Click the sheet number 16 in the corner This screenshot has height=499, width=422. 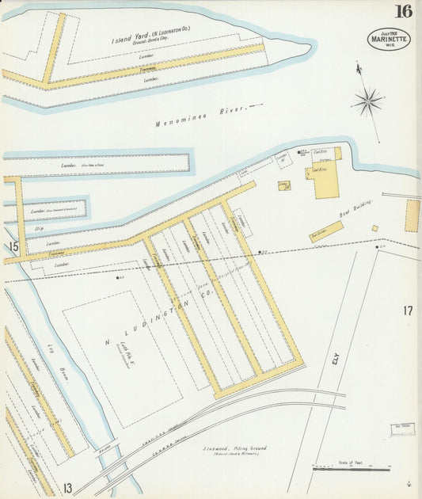point(404,11)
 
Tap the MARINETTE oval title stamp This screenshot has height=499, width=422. point(389,39)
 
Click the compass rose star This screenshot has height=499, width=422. point(367,100)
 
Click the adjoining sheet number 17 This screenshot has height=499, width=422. point(407,310)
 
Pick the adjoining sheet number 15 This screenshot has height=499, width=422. point(13,248)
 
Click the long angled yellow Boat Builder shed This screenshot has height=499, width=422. point(326,231)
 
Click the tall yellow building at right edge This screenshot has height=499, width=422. point(412,215)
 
